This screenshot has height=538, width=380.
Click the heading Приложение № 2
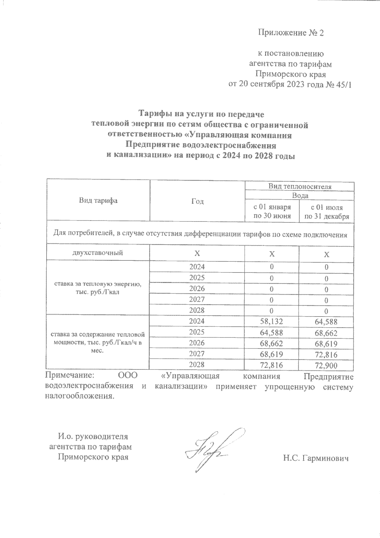click(x=291, y=33)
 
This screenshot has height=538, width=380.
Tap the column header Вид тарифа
click(x=98, y=201)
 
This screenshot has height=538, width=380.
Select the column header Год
click(x=197, y=202)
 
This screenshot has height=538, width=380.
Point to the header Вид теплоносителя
click(x=300, y=186)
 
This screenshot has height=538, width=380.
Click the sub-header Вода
click(x=300, y=195)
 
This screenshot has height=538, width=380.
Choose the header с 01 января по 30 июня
click(x=272, y=212)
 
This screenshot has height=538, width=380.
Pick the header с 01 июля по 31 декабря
click(x=326, y=212)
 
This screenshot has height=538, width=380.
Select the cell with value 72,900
click(x=326, y=366)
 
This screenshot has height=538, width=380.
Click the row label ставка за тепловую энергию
click(x=98, y=288)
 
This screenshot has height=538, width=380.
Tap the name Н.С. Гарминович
click(x=316, y=458)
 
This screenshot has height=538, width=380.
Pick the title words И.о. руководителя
click(x=93, y=436)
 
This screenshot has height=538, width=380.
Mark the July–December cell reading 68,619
click(x=326, y=344)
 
